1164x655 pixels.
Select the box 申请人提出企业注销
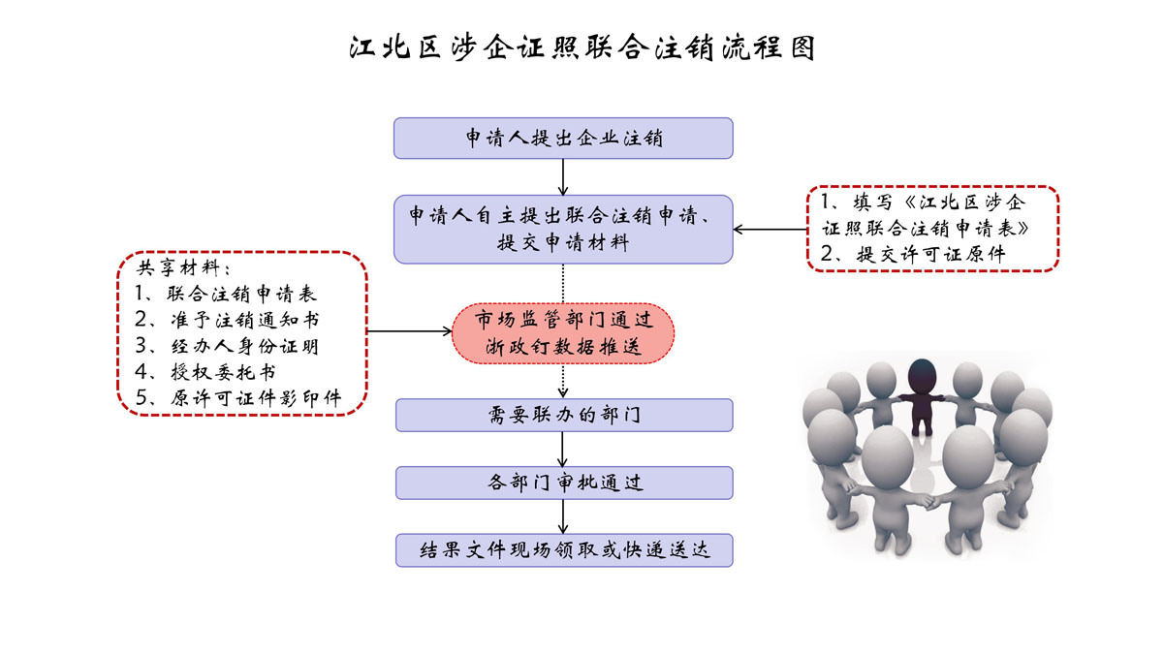coord(563,138)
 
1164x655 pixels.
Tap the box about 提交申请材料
coord(563,229)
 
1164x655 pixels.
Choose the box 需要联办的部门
coord(563,415)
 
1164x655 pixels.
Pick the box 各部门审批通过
coord(563,483)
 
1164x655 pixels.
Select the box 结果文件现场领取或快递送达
coord(563,549)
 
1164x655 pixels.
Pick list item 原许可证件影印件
coord(248,397)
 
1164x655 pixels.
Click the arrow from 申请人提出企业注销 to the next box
coord(563,176)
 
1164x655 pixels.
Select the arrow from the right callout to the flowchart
coord(771,230)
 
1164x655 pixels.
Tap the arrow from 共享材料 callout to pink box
coord(411,331)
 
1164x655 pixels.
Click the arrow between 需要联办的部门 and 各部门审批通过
coord(563,449)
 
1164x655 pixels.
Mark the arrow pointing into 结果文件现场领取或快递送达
coord(563,516)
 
